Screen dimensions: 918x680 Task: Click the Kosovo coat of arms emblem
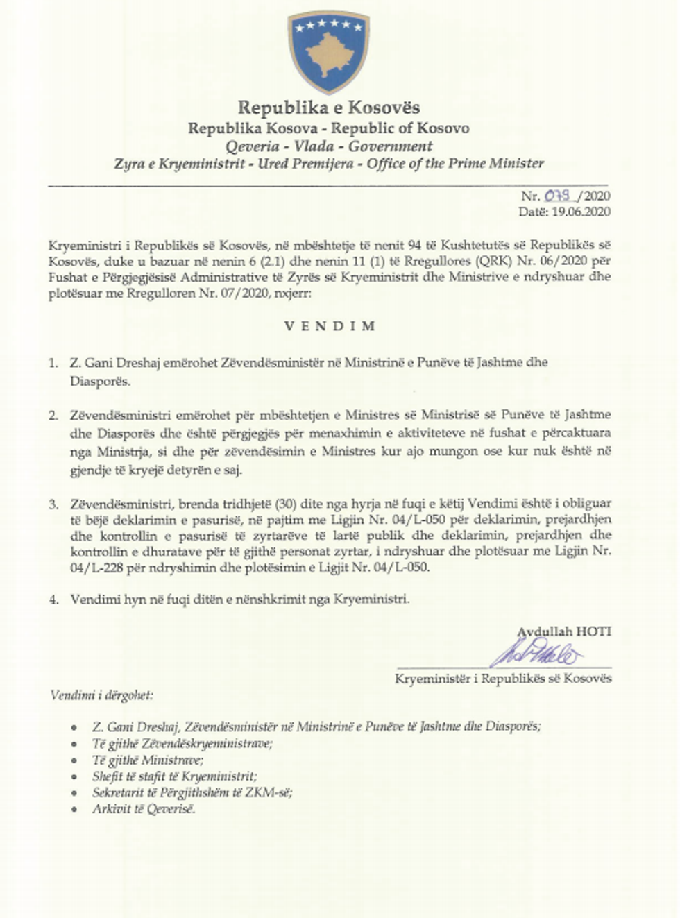[x=328, y=52]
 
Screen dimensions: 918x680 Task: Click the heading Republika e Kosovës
[x=328, y=108]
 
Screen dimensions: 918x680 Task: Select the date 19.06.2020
[x=581, y=212]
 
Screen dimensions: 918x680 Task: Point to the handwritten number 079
[x=556, y=196]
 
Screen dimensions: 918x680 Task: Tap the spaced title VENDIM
[x=330, y=326]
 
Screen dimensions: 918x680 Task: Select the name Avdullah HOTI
[x=564, y=631]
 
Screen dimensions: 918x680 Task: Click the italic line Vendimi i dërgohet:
[x=101, y=695]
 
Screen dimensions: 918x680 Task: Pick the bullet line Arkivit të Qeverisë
[x=144, y=809]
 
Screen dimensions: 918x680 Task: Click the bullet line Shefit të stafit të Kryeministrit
[x=174, y=776]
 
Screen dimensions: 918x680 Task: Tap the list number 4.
[x=54, y=600]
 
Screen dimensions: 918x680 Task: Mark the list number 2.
[x=53, y=416]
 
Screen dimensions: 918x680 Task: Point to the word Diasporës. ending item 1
[x=100, y=381]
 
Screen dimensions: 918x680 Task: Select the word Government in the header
[x=390, y=146]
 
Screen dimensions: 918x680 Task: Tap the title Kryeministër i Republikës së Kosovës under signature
[x=503, y=678]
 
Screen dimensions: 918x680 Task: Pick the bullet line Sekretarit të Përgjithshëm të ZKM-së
[x=192, y=792]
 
